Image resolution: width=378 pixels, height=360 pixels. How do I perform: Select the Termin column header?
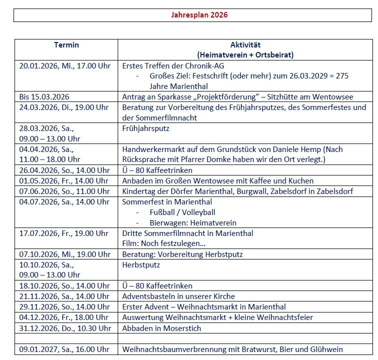click(x=66, y=45)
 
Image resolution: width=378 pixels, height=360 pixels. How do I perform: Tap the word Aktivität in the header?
click(x=245, y=45)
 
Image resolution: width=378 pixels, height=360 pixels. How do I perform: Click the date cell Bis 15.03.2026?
click(x=44, y=96)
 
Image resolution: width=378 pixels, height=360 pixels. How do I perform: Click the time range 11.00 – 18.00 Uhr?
click(x=50, y=159)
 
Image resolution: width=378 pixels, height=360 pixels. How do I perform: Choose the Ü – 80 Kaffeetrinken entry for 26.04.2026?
click(x=157, y=170)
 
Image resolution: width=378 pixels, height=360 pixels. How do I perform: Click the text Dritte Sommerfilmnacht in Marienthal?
click(x=188, y=233)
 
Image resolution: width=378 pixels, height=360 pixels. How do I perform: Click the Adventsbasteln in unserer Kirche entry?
click(x=178, y=296)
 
